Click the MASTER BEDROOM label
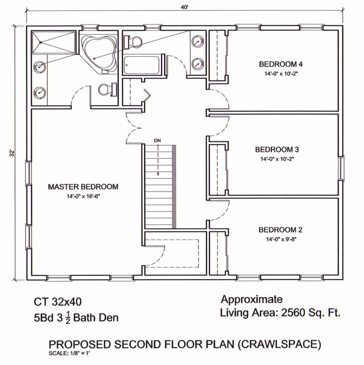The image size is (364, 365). (83, 187)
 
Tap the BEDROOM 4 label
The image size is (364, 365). (281, 64)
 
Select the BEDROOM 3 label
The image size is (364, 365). (277, 149)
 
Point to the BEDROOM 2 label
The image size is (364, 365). (280, 230)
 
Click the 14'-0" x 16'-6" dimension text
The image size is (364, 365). (83, 197)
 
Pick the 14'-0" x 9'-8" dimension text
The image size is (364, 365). (281, 239)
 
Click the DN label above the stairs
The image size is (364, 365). (157, 140)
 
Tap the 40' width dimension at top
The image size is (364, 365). (184, 7)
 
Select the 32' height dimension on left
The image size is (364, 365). (12, 153)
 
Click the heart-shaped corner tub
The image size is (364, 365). (100, 55)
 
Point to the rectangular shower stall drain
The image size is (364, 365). (40, 42)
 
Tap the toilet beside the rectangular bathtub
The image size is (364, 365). (133, 42)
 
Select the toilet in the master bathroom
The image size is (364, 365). (107, 89)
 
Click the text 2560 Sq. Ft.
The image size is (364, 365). (311, 313)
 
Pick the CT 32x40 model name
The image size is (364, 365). (58, 302)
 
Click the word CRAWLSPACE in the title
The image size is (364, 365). (279, 344)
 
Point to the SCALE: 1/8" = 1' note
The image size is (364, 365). (69, 353)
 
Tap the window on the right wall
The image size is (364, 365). (341, 168)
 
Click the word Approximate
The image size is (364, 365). (252, 299)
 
